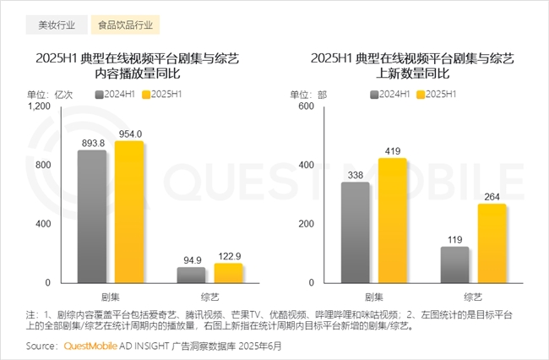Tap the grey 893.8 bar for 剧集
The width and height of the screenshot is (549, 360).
[x=91, y=216]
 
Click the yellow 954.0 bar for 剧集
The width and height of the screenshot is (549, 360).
[x=128, y=212]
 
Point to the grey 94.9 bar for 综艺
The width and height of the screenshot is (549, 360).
[x=191, y=275]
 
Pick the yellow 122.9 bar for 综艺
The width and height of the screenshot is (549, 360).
[x=228, y=272]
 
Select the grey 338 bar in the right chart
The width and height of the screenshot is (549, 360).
[x=356, y=232]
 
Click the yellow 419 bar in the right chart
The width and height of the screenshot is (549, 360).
[x=392, y=221]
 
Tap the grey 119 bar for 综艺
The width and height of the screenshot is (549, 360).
[x=454, y=265]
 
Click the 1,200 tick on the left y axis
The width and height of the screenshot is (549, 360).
[x=40, y=106]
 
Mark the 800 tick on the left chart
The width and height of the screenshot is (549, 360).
[x=43, y=166]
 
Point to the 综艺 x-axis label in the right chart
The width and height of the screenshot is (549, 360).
[x=473, y=297]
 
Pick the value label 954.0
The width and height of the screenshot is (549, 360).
[x=129, y=134]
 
